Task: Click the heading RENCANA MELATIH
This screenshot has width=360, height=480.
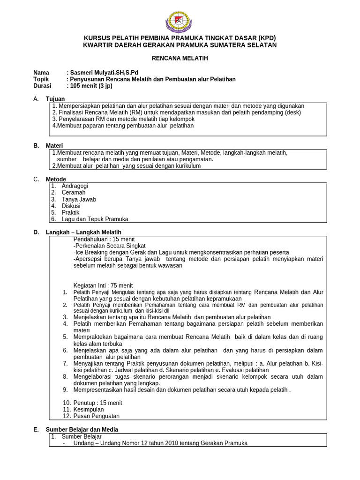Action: (180, 58)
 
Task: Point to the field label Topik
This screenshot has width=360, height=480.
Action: (41, 79)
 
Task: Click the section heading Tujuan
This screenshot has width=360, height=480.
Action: (55, 99)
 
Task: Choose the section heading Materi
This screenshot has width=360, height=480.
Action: (54, 146)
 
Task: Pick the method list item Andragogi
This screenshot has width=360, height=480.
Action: (75, 186)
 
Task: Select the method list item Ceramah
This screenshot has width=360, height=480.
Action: (74, 193)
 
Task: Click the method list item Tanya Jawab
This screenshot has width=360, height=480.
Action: (79, 199)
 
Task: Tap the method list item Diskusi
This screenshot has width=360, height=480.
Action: (71, 206)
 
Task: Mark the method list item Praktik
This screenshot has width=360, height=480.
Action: (71, 212)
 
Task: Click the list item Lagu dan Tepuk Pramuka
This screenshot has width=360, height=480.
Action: (95, 219)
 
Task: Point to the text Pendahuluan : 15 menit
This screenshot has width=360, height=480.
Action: (104, 239)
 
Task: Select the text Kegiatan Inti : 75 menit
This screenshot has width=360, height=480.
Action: (103, 285)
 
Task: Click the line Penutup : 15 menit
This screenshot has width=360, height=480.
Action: (98, 403)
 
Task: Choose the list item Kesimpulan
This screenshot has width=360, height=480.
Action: (89, 409)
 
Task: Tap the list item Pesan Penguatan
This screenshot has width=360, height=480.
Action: (97, 416)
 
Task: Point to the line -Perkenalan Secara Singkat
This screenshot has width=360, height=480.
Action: (110, 246)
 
